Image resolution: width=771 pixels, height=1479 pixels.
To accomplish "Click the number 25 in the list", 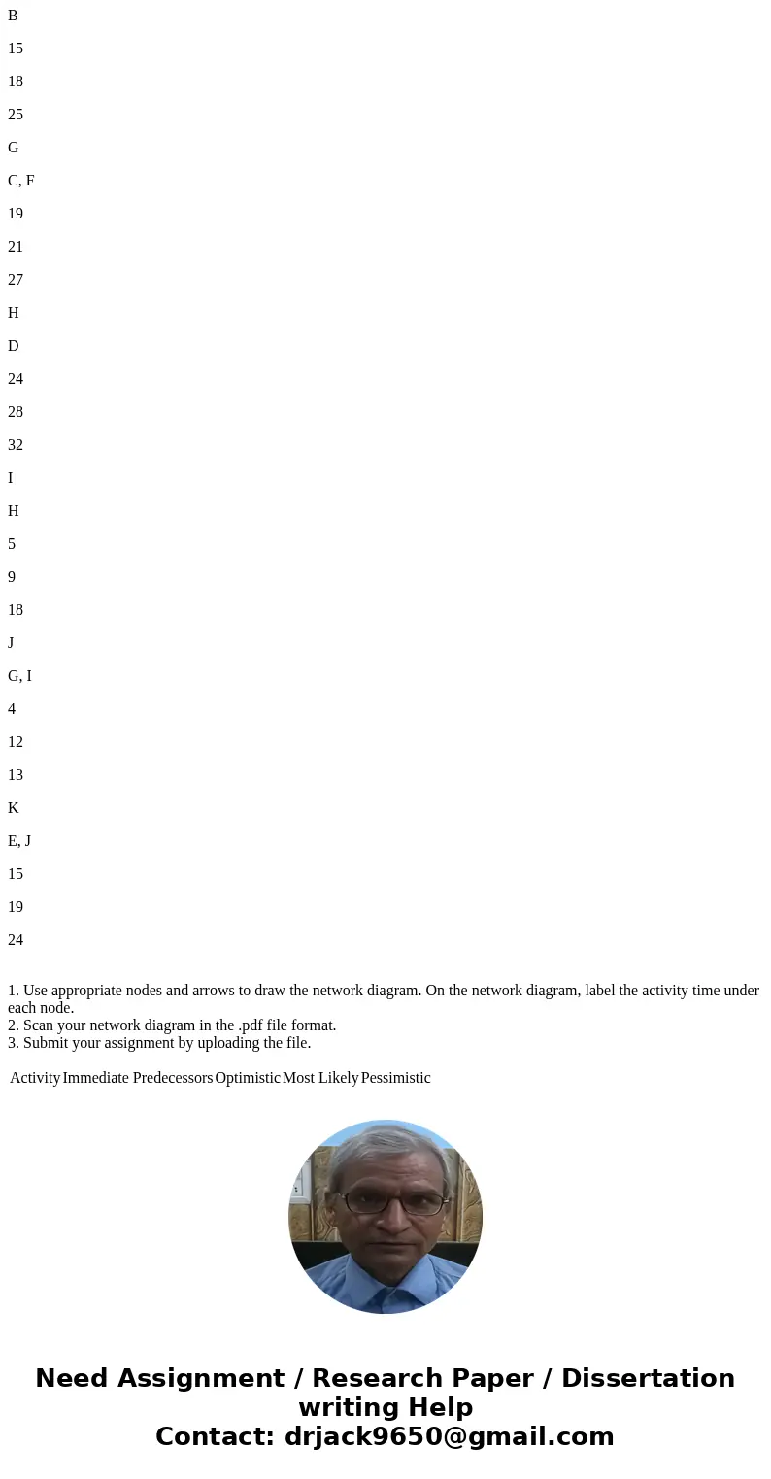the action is coord(16,115).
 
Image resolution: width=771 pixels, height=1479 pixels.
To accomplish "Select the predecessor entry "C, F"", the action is coord(21,181).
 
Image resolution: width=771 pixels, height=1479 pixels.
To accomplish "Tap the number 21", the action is coord(16,247).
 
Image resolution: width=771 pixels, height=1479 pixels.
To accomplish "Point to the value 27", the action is coord(16,280).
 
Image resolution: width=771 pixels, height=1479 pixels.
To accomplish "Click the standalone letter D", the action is coord(14,346).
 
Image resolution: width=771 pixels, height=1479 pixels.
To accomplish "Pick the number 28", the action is coord(16,412).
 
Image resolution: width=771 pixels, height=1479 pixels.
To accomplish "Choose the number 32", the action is coord(16,445).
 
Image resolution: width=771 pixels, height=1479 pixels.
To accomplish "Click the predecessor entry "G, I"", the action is coord(20,676).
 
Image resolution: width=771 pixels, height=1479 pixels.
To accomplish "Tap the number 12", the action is coord(16,742).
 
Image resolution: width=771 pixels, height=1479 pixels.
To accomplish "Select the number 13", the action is coord(16,775).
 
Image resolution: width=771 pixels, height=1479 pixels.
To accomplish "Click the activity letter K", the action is coord(14,808).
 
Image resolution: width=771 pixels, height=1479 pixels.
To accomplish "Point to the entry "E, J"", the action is coord(20,841).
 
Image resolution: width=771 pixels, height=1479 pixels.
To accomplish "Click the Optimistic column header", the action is coord(248,1078).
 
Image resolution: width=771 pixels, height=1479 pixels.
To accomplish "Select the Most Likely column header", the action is coord(320,1078).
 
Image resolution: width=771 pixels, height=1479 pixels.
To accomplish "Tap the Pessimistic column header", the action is coord(396,1078).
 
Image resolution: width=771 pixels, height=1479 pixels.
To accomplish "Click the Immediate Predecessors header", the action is coord(138,1078).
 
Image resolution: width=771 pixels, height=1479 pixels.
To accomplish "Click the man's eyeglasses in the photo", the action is coord(386,1201).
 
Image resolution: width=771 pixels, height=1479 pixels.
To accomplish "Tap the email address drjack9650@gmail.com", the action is coord(448,1436).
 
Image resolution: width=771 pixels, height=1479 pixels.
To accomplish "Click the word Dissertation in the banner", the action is coord(648,1379).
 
